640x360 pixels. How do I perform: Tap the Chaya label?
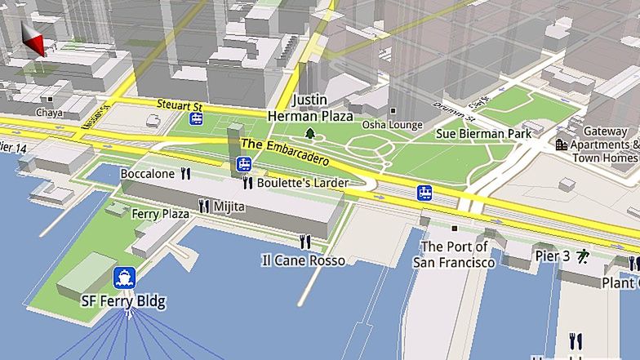pos(49,113)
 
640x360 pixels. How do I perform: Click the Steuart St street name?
pos(179,104)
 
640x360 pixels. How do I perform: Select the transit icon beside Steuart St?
pos(197,119)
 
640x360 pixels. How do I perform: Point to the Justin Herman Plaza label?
pos(310,108)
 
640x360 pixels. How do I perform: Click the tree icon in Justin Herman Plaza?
pos(310,132)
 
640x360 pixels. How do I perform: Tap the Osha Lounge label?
pos(393,124)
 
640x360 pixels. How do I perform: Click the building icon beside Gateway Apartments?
pos(562,144)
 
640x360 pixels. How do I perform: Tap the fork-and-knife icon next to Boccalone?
pos(185,173)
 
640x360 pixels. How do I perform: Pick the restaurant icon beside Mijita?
pos(204,207)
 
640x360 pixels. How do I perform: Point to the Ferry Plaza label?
pos(160,213)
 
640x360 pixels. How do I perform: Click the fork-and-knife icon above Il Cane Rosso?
pos(305,241)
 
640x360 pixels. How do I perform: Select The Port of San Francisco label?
pos(454,254)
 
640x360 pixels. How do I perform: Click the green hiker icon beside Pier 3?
pos(583,256)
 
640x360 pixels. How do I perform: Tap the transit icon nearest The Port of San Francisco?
pos(424,193)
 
